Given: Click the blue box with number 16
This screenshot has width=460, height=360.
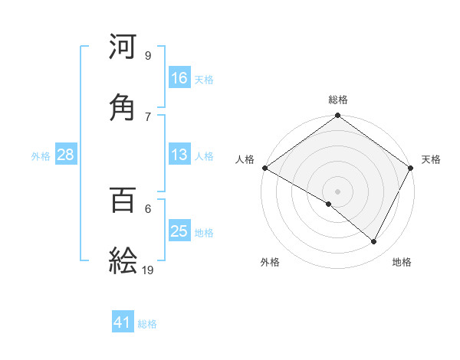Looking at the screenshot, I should click(x=179, y=78).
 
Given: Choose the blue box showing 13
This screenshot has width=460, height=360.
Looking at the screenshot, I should click(x=179, y=155).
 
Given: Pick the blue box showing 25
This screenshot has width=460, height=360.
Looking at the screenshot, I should click(x=179, y=231).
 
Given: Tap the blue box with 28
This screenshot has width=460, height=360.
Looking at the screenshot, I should click(x=66, y=155).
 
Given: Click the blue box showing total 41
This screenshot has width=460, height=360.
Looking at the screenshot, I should click(x=123, y=322).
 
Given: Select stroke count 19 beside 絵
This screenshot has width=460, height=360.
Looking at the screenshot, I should click(x=149, y=270).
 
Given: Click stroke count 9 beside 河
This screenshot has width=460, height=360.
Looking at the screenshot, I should click(x=148, y=55).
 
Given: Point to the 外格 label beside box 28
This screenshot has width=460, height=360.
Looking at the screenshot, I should click(x=41, y=156).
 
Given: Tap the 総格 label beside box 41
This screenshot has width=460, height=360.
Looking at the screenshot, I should click(x=147, y=324).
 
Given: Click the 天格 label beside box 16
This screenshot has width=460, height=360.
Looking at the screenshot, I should click(x=204, y=80).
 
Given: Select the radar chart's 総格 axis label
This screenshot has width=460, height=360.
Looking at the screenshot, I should click(x=338, y=100).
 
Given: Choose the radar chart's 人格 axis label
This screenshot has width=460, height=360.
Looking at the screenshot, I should click(x=245, y=159).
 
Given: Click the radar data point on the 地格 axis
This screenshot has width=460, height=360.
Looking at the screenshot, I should click(x=374, y=242).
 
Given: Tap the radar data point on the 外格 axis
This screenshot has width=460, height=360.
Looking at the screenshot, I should click(x=329, y=204).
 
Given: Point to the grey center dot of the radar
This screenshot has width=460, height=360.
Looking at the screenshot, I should click(x=338, y=191).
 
